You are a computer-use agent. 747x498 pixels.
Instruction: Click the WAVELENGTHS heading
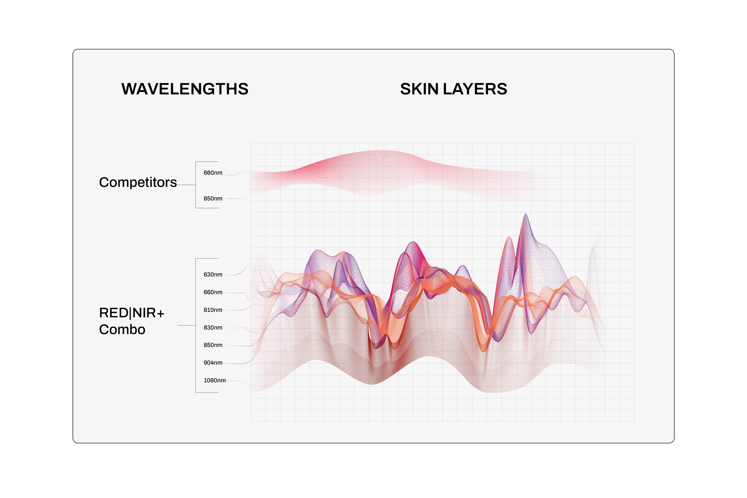coord(185,89)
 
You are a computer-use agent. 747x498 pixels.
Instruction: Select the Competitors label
coord(138,183)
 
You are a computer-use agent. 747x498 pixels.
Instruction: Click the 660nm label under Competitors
coord(213,173)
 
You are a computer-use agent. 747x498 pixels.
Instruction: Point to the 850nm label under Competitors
coord(213,199)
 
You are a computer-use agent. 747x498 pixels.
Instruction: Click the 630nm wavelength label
coord(213,274)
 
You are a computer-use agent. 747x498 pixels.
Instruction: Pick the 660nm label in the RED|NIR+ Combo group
coord(213,292)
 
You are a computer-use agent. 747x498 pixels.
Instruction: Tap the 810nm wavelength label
coord(213,310)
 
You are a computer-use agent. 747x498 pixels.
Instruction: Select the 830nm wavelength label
coord(213,327)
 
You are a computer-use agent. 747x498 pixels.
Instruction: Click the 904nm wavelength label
coord(213,363)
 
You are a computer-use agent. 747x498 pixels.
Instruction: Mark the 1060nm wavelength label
coord(214,380)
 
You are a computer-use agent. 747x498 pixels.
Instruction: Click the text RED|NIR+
coord(132,313)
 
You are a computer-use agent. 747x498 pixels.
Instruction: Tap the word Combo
coord(122,329)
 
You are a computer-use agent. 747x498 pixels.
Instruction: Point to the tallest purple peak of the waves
coord(526,214)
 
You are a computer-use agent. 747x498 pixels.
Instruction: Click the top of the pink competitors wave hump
coord(381,151)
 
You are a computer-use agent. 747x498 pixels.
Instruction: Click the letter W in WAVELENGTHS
coord(130,89)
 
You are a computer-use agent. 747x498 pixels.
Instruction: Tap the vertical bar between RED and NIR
coord(130,313)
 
